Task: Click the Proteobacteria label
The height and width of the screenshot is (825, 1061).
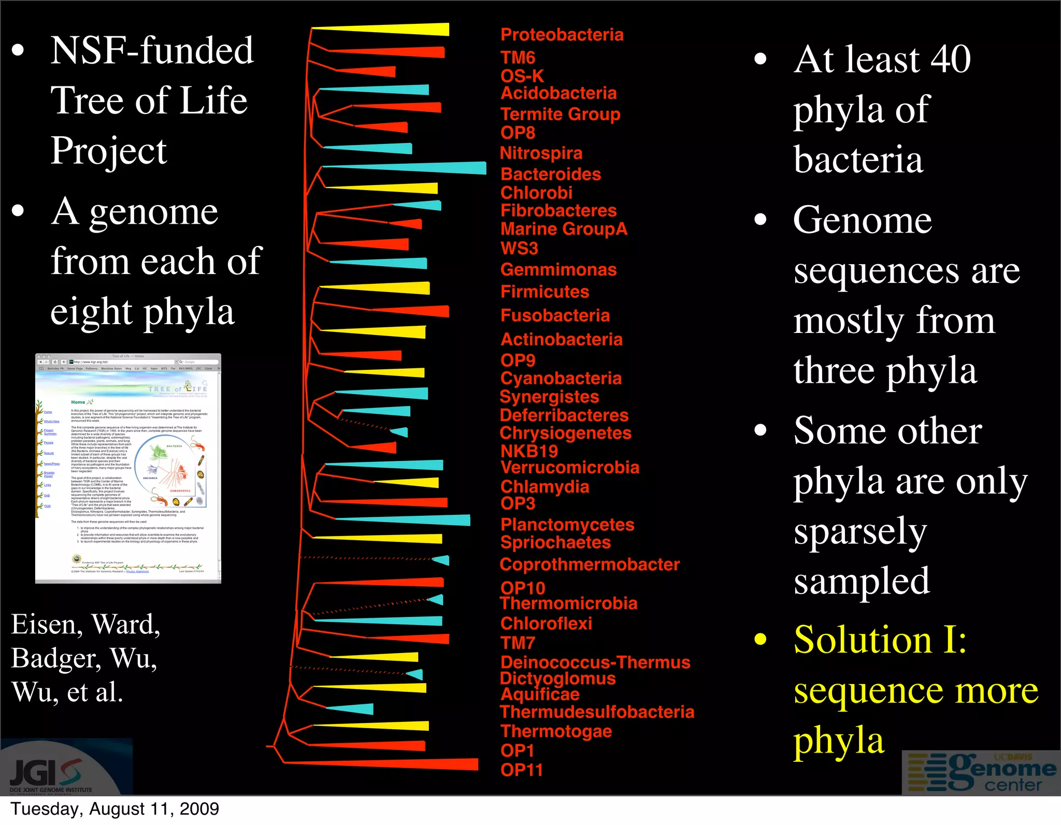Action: point(562,35)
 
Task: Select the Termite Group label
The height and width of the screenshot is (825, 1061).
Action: point(560,114)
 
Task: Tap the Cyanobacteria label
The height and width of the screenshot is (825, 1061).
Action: point(561,378)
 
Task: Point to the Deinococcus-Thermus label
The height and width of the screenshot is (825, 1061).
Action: point(595,662)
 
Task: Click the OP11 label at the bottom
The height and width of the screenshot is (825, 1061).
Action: point(521,770)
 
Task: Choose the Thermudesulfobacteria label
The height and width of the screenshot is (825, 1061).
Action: point(597,712)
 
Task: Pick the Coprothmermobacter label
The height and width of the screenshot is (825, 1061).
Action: point(589,565)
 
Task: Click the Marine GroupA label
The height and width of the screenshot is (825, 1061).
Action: point(564,229)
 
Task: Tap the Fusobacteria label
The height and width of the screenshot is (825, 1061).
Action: point(555,315)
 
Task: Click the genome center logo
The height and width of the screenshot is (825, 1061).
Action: point(982,772)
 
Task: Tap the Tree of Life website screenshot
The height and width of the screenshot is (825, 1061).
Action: point(128,468)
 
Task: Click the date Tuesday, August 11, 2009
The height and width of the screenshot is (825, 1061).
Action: point(114,808)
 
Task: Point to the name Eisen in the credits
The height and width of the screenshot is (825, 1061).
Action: point(46,624)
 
